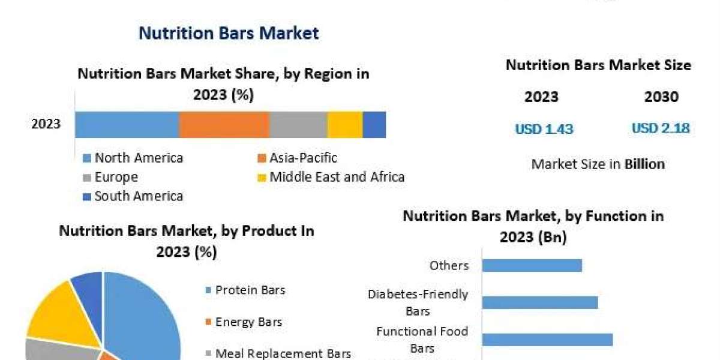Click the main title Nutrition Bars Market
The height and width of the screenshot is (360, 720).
(229, 33)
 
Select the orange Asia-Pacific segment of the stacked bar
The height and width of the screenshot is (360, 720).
(224, 125)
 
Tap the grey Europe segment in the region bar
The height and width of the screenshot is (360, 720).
(298, 125)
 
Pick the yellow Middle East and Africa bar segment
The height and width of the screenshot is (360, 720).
(345, 125)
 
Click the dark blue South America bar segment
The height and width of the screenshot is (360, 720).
(374, 125)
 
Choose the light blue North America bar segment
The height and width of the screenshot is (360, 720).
(127, 125)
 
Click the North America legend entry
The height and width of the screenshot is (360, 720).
(133, 158)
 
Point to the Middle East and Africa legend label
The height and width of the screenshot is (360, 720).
(337, 177)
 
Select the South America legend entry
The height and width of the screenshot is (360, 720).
(133, 196)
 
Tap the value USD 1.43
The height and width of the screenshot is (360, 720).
(544, 129)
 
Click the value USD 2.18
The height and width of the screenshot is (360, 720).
(661, 128)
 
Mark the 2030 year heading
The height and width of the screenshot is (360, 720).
(661, 97)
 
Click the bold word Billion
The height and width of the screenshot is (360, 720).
(644, 164)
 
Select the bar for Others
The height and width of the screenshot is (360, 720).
(532, 265)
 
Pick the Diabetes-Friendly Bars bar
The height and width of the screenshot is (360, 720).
(540, 302)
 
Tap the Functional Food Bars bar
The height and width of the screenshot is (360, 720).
(547, 340)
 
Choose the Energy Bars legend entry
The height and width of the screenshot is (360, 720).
(244, 322)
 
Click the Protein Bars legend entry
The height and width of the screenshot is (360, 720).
(245, 290)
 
